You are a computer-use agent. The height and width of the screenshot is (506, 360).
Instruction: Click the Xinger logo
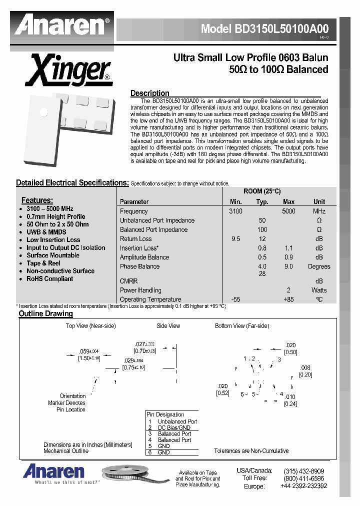69,71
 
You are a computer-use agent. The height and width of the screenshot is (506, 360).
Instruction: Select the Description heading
149,93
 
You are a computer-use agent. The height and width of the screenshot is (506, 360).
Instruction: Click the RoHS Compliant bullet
49,279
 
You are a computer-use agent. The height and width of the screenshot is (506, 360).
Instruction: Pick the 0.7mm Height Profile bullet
55,216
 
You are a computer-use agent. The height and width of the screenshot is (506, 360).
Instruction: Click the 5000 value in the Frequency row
288,211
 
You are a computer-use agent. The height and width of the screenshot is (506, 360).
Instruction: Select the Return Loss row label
135,239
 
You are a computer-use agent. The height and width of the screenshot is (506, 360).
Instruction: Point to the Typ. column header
262,202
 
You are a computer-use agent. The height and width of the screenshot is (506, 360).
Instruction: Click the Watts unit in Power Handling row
319,290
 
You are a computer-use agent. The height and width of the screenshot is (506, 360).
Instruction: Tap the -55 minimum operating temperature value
236,299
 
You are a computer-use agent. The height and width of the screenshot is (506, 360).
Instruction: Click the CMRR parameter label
128,281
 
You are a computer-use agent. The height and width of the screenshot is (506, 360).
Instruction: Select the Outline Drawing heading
45,314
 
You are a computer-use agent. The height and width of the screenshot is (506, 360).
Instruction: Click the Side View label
168,326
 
